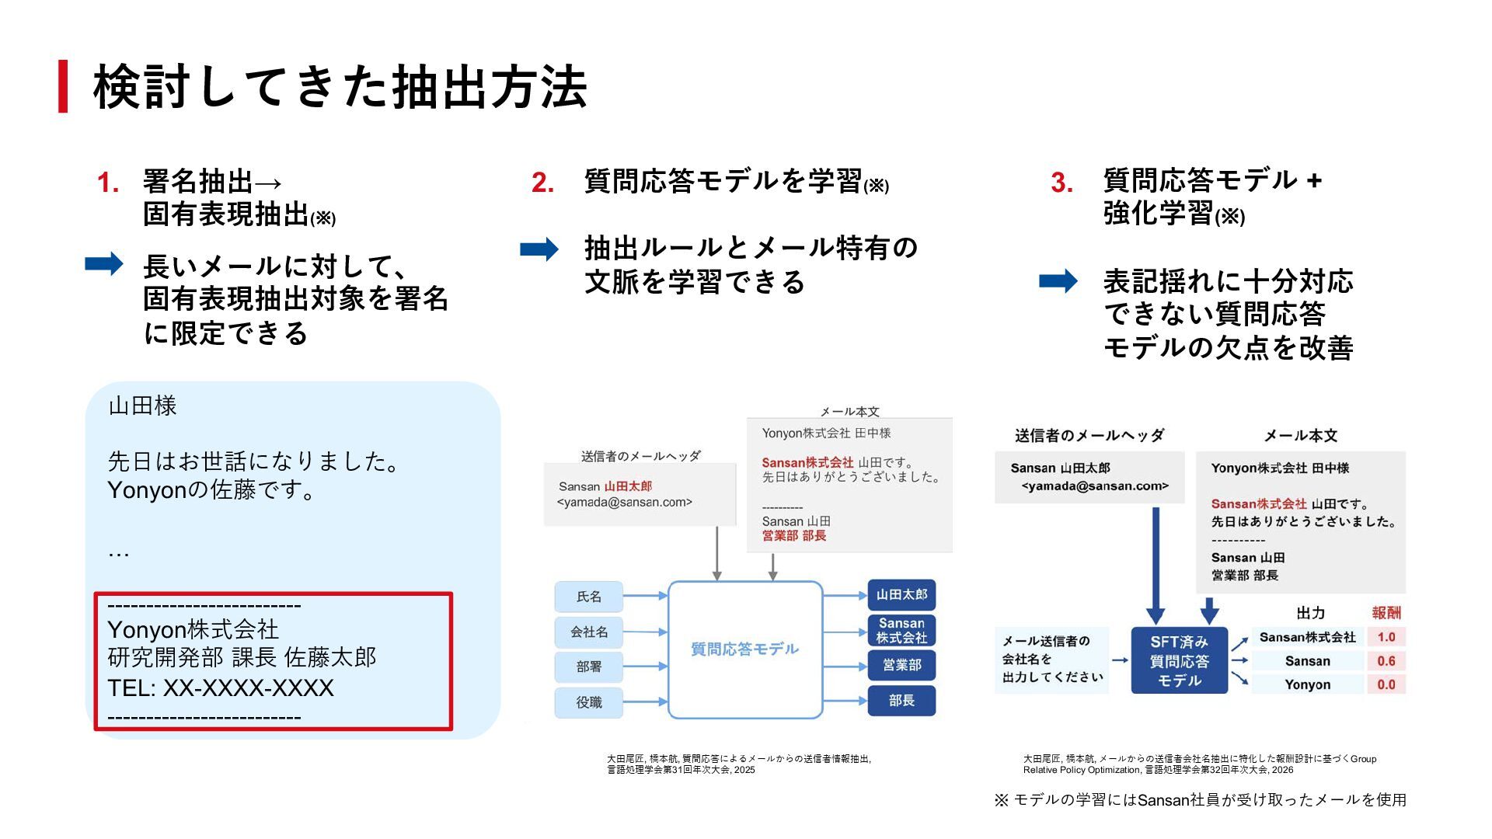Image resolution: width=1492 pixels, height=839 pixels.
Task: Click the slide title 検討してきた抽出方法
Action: point(340,87)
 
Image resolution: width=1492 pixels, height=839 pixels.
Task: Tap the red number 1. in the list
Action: point(108,183)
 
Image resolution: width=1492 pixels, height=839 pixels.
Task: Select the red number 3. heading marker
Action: point(1062,183)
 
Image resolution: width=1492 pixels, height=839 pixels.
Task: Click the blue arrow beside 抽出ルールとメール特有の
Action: point(539,249)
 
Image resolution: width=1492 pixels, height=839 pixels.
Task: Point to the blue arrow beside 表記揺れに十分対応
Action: point(1058,281)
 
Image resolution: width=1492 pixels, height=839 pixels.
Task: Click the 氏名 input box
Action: point(589,597)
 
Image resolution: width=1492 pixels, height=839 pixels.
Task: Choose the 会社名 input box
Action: point(589,632)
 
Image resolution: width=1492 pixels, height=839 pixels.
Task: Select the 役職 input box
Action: point(589,702)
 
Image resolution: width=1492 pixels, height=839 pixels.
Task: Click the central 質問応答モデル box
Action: point(744,649)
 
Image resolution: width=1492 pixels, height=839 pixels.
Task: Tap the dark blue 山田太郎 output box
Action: point(901,595)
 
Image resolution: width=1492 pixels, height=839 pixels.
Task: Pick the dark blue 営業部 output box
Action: point(901,666)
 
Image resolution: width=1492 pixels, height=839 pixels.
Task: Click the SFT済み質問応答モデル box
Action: point(1179,661)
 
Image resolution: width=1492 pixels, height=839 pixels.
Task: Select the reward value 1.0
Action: point(1386,637)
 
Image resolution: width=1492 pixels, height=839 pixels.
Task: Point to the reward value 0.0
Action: point(1386,684)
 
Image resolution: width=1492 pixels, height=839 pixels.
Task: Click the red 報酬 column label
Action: point(1386,613)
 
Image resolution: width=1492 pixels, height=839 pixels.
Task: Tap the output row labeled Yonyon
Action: point(1307,684)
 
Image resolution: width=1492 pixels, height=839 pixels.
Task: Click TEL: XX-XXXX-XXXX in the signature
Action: point(221,688)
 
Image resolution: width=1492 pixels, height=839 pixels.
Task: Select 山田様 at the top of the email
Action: point(143,406)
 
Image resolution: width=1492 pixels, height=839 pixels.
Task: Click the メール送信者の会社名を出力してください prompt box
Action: point(1051,660)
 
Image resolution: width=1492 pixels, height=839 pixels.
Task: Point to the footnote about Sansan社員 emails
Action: point(1200,799)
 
